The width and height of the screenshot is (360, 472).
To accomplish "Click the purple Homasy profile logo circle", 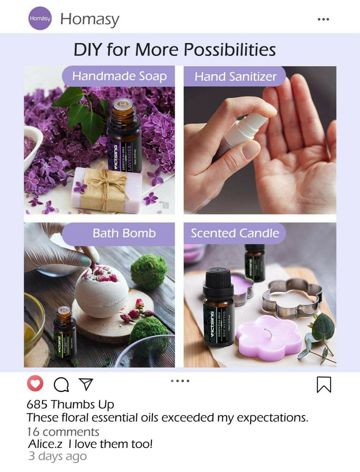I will (40, 18).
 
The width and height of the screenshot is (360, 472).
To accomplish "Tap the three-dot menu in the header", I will (323, 19).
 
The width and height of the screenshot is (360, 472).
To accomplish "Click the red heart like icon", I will (35, 383).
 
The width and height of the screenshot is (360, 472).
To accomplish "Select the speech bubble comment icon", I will (61, 385).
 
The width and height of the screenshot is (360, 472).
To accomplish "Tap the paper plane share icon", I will (86, 384).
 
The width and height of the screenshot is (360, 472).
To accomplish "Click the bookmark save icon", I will (324, 384).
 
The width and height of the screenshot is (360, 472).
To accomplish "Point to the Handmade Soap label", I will (119, 76).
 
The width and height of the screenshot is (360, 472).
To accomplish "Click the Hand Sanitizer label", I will (235, 77).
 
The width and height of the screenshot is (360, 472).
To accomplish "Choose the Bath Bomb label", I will (124, 234).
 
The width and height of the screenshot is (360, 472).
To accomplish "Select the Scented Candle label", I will (235, 234).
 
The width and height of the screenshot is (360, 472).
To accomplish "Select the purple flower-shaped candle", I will (268, 337).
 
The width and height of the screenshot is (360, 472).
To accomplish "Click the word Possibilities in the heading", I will (229, 50).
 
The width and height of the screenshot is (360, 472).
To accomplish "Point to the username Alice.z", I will (45, 444).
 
